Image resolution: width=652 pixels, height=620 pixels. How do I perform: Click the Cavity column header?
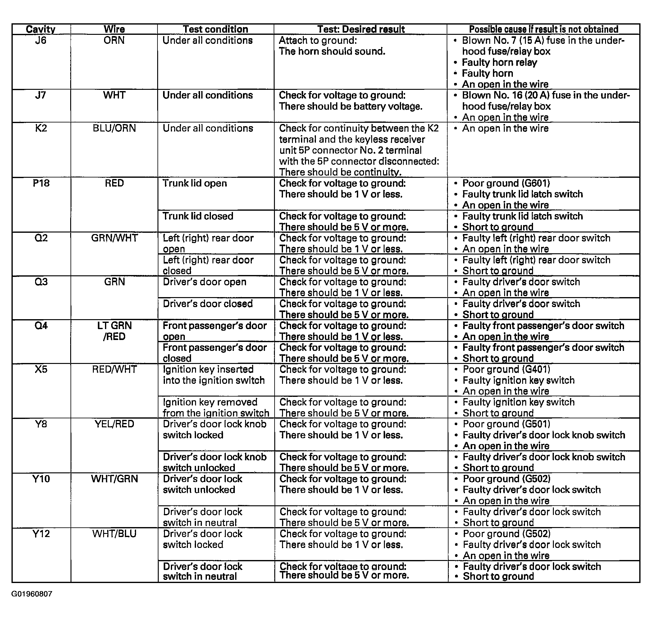tap(41, 29)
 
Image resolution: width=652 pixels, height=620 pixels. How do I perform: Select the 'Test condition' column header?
tap(215, 29)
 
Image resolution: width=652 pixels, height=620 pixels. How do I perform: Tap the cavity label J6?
tap(41, 40)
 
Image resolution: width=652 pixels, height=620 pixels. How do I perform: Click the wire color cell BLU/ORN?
tap(114, 128)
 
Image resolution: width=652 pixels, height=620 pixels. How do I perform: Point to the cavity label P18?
tap(41, 183)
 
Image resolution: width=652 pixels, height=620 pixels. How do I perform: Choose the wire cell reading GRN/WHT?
tap(114, 238)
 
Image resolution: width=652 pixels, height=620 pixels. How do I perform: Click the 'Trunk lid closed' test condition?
tap(198, 216)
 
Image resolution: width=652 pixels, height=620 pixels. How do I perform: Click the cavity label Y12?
tap(41, 534)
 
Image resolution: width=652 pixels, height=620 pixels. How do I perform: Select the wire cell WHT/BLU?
tap(114, 534)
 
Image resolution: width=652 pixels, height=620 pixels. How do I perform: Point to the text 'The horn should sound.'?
tap(332, 52)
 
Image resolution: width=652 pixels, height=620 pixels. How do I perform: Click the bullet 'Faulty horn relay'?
tap(499, 62)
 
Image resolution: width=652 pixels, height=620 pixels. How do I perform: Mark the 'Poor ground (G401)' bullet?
tap(506, 370)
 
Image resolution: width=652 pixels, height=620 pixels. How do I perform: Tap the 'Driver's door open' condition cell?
tap(204, 282)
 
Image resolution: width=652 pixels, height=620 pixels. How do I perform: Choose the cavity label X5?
tap(41, 369)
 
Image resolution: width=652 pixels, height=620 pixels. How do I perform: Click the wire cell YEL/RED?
tap(114, 424)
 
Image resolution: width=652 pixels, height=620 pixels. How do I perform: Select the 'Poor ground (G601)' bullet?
tap(506, 183)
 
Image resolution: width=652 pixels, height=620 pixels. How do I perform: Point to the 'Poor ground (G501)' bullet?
tap(506, 424)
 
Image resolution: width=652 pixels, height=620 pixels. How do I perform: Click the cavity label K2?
tap(41, 128)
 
